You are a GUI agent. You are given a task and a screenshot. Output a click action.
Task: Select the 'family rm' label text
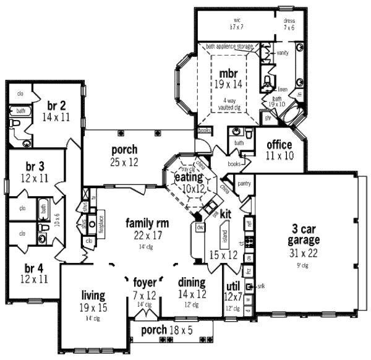[x=147, y=223]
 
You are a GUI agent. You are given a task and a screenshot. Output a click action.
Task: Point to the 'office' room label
[x=279, y=145]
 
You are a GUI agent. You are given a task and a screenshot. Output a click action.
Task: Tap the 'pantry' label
[x=244, y=183]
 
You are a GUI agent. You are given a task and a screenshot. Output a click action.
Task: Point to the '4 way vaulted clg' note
[x=228, y=103]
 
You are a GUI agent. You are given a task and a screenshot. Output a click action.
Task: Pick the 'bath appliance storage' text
[x=229, y=46]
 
